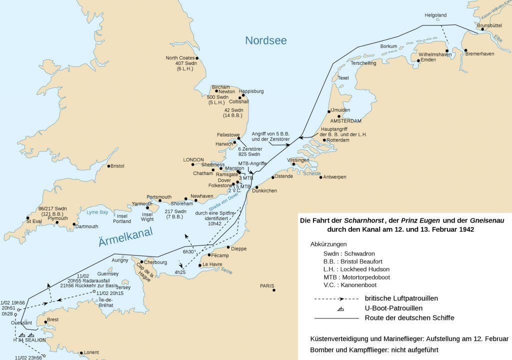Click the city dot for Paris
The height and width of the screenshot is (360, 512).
point(274,290)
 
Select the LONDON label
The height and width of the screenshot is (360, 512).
point(194,160)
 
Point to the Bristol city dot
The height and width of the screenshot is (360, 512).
point(109,166)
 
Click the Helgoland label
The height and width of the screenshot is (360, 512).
point(435,15)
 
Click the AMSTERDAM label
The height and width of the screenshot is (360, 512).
point(345,121)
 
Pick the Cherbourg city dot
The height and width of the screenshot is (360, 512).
point(142,261)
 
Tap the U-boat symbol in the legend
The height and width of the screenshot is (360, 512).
point(341,309)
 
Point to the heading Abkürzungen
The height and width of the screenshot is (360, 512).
point(328,244)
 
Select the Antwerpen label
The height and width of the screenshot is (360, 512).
point(335,177)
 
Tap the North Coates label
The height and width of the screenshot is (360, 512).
point(180,58)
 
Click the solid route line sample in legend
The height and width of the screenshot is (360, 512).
point(336,318)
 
